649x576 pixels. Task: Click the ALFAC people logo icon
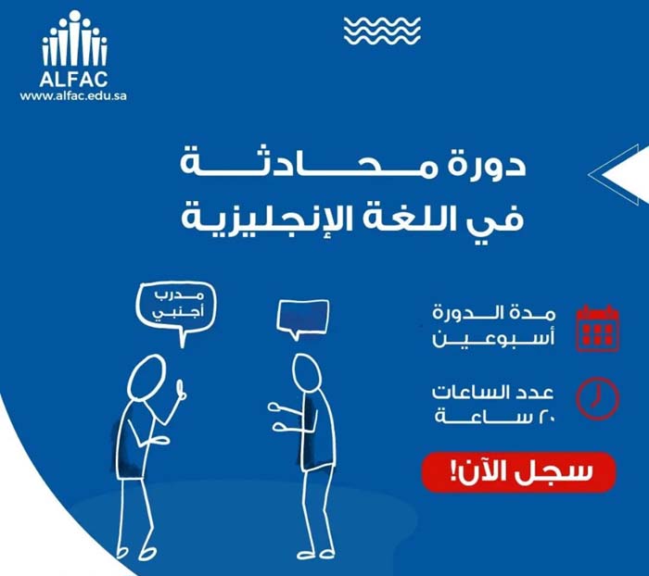pyautogui.click(x=74, y=39)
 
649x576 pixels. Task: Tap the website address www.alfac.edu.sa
pyautogui.click(x=74, y=95)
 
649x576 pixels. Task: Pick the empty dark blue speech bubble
pyautogui.click(x=302, y=317)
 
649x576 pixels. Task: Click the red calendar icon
pyautogui.click(x=597, y=328)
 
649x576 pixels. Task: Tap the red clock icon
pyautogui.click(x=597, y=396)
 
